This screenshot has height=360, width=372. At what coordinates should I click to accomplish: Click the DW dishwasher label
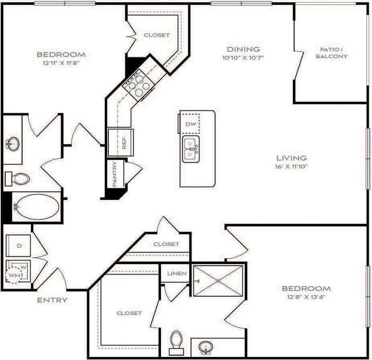[x=191, y=124]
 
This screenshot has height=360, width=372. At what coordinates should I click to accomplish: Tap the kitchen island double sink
[x=191, y=149]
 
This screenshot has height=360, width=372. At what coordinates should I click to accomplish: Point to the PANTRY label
[x=114, y=174]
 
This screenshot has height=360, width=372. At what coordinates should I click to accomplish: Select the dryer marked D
[x=19, y=246]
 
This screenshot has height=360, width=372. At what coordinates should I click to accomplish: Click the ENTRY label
[x=52, y=300]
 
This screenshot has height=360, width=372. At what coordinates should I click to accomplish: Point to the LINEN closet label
[x=177, y=274]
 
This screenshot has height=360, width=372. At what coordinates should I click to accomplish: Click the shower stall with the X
[x=218, y=281]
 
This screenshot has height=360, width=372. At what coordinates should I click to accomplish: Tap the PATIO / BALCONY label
[x=331, y=53]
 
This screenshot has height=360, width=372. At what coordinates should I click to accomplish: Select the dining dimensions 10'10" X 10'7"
[x=243, y=57]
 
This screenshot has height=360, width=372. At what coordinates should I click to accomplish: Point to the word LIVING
[x=291, y=158]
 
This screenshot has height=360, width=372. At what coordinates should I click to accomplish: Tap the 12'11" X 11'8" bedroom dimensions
[x=61, y=63]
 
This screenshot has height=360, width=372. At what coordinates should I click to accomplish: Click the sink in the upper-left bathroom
[x=12, y=144]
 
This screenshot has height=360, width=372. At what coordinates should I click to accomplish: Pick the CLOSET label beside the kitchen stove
[x=157, y=35]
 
